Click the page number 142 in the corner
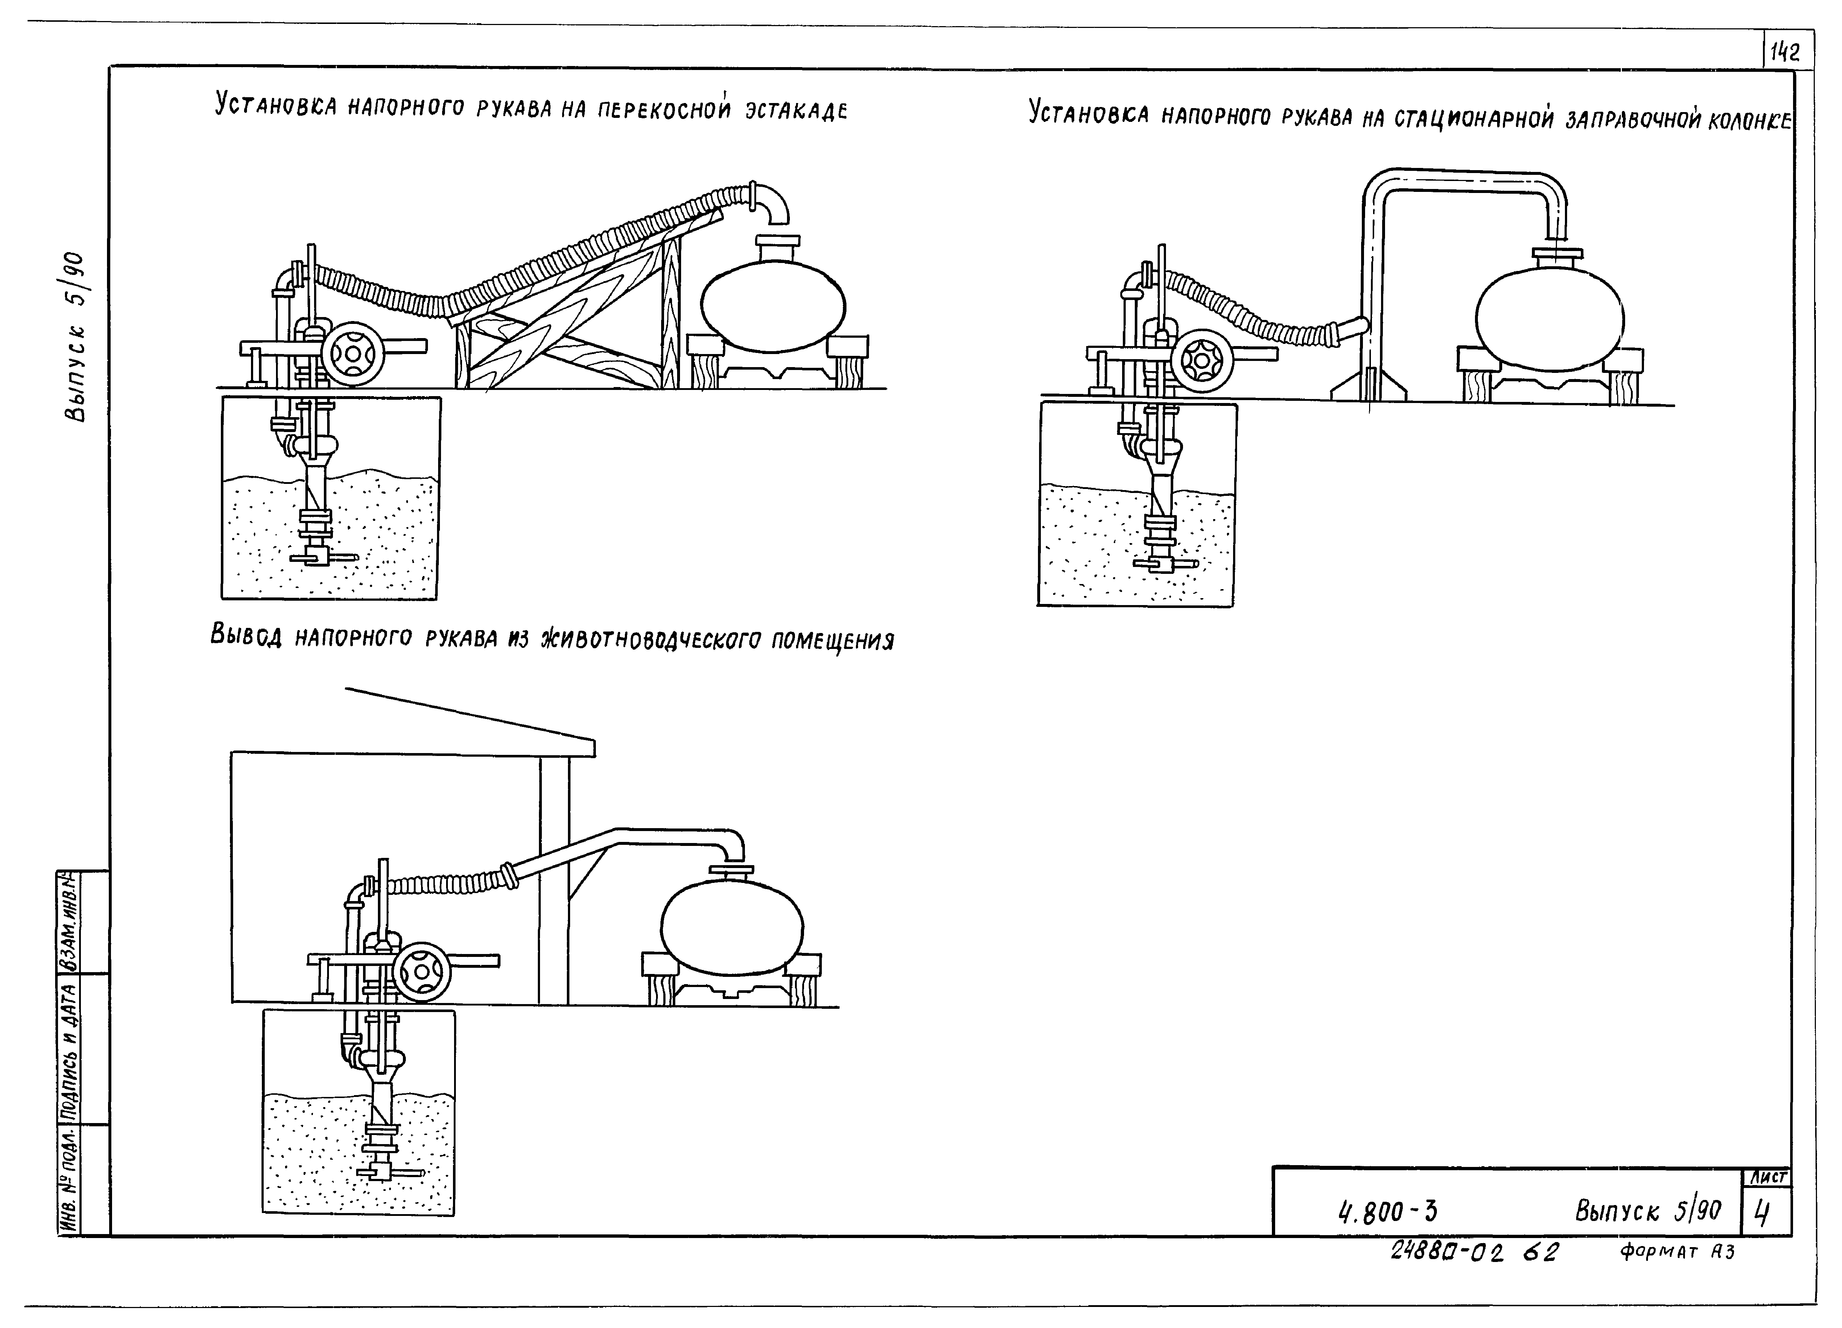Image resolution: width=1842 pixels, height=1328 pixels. pyautogui.click(x=1785, y=53)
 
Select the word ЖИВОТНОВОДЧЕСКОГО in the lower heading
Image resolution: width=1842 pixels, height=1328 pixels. pyautogui.click(x=654, y=639)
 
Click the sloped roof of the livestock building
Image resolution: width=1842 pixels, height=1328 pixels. pyautogui.click(x=471, y=715)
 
